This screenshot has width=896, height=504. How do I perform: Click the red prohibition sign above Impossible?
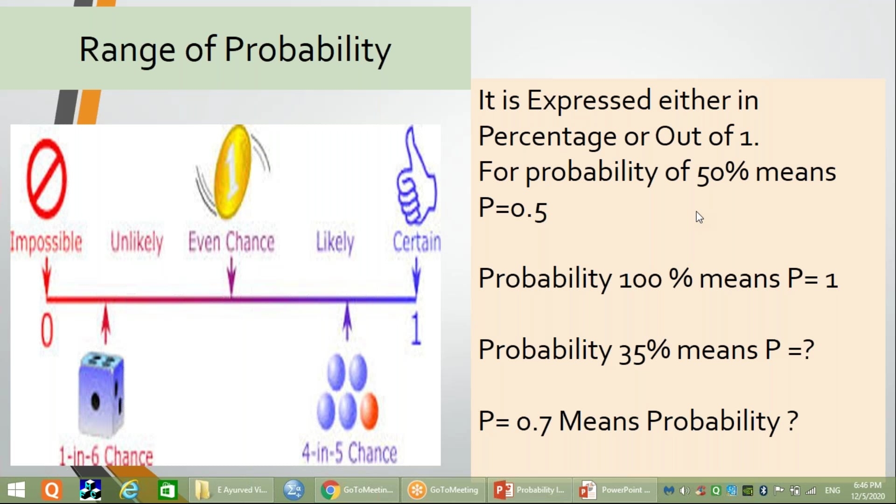(47, 179)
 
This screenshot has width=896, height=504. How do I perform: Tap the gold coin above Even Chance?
(232, 172)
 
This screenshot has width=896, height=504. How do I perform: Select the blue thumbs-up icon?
(415, 176)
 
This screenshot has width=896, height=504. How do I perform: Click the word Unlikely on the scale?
(137, 243)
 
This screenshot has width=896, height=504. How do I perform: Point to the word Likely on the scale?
(335, 243)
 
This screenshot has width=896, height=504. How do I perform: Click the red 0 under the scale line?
(47, 329)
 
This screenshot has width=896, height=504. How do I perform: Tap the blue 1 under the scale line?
(416, 329)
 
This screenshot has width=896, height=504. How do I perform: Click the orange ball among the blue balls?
(369, 411)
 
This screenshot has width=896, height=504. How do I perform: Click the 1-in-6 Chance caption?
(106, 455)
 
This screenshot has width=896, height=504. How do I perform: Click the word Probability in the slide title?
(308, 50)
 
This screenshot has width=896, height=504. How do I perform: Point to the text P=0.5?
(512, 208)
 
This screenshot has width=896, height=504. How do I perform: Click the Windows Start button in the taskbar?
(17, 490)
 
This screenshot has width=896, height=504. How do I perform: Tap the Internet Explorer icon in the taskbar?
(129, 490)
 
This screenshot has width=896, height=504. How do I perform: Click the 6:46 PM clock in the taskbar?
(868, 485)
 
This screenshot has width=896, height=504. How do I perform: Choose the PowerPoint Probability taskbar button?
(530, 490)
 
